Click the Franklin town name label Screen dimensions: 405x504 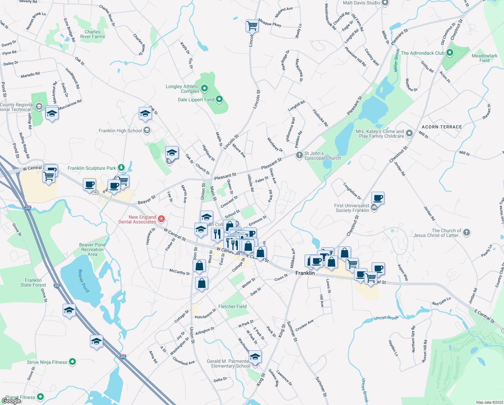tap(305, 273)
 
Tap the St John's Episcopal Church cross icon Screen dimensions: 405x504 tap(299, 155)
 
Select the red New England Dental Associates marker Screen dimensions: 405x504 tap(161, 219)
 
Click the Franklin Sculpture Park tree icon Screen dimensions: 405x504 tap(121, 168)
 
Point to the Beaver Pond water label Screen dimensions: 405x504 tap(84, 281)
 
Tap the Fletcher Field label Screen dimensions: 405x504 tap(232, 306)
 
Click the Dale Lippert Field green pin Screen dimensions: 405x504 tap(219, 99)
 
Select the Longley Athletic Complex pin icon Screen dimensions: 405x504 tap(204, 89)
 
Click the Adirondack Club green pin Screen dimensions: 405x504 tap(450, 53)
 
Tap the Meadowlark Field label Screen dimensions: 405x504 tap(484, 58)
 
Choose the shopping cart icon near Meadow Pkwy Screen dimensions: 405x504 tap(252, 26)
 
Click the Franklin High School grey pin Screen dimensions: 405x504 tap(147, 130)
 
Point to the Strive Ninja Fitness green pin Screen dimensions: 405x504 tap(72, 362)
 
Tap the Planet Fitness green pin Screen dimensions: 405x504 tap(40, 397)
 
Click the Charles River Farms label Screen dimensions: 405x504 tap(93, 34)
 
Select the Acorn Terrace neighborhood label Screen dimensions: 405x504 tap(442, 127)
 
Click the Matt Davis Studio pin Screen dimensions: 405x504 tap(385, 3)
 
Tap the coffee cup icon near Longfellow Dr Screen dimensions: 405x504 tap(378, 198)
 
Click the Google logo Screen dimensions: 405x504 tap(11, 401)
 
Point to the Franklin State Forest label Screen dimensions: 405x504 tap(33, 282)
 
